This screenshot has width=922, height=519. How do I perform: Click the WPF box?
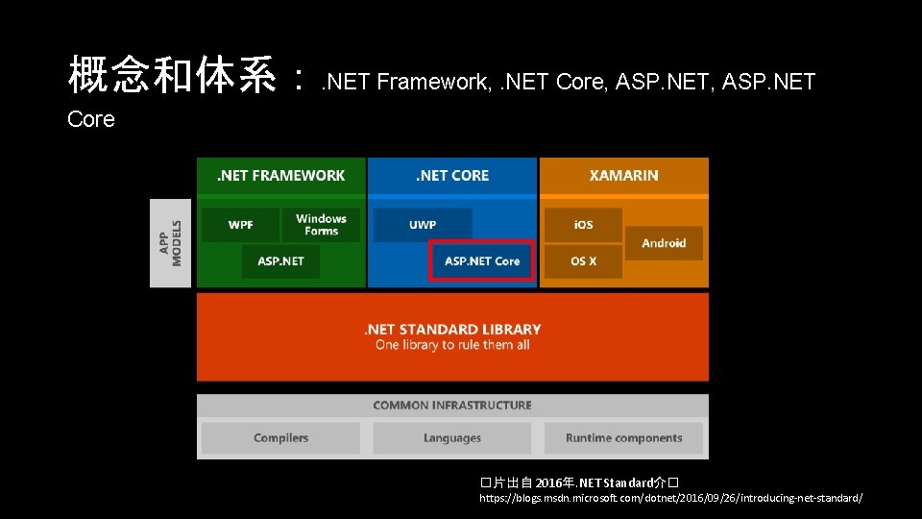pyautogui.click(x=240, y=225)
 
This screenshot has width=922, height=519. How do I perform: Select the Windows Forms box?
pyautogui.click(x=321, y=225)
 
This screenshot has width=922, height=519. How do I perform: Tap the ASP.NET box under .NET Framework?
pyautogui.click(x=280, y=261)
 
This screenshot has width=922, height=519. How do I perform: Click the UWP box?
pyautogui.click(x=423, y=225)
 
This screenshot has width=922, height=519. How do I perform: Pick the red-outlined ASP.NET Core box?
pyautogui.click(x=481, y=260)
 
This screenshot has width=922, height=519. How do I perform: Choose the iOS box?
pyautogui.click(x=583, y=225)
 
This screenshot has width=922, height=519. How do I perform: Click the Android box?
pyautogui.click(x=664, y=243)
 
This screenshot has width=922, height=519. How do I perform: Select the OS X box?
pyautogui.click(x=583, y=261)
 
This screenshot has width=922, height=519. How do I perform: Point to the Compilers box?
pyautogui.click(x=281, y=438)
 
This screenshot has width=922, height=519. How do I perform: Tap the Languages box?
pyautogui.click(x=452, y=438)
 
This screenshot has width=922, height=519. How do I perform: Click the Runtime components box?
pyautogui.click(x=623, y=438)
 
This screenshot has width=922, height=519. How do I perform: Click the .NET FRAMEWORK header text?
pyautogui.click(x=281, y=176)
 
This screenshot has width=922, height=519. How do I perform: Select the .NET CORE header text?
pyautogui.click(x=452, y=176)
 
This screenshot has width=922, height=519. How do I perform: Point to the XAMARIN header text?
pyautogui.click(x=623, y=176)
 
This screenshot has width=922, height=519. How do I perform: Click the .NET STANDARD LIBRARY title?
pyautogui.click(x=452, y=330)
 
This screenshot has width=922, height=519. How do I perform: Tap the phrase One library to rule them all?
pyautogui.click(x=452, y=345)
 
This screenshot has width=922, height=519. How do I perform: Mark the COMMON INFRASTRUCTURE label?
pyautogui.click(x=452, y=406)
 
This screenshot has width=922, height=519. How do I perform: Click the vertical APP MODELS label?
pyautogui.click(x=170, y=243)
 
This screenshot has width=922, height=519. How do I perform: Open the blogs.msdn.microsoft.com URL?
pyautogui.click(x=670, y=499)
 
